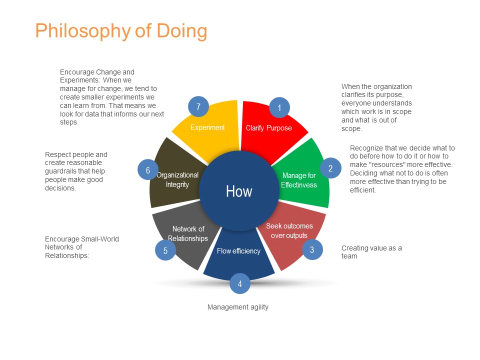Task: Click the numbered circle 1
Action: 279,108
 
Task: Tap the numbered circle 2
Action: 330,168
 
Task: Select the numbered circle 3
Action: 312,250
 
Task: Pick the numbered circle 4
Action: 239,284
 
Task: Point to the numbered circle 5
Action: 165,250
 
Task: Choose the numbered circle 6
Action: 148,170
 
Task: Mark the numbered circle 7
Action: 198,106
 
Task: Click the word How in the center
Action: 239,191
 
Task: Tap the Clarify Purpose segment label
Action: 269,128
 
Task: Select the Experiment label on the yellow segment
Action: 207,127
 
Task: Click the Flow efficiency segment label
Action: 239,251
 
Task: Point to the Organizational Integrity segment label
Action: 177,179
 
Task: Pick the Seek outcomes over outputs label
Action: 289,231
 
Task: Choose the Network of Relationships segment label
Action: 188,233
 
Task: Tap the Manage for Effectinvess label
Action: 299,180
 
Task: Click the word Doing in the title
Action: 182,31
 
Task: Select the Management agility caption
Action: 238,307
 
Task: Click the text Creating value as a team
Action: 371,252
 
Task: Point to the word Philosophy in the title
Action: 83,31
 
